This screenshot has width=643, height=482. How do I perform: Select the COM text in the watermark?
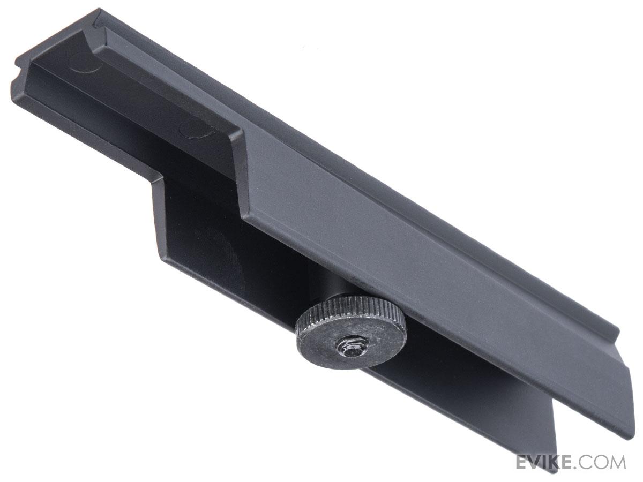(x=603, y=462)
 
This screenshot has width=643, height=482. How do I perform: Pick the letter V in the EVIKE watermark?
(x=536, y=462)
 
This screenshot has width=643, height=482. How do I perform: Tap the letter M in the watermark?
(x=617, y=462)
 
